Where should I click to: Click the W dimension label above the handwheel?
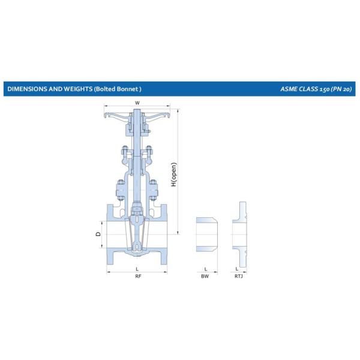(137, 103)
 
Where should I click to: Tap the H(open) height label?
(174, 175)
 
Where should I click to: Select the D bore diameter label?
(98, 234)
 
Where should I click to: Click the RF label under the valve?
(138, 276)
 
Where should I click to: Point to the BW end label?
(205, 276)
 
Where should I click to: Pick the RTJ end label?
(239, 276)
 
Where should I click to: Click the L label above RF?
(137, 269)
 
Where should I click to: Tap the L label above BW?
(206, 269)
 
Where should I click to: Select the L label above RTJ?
(237, 269)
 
